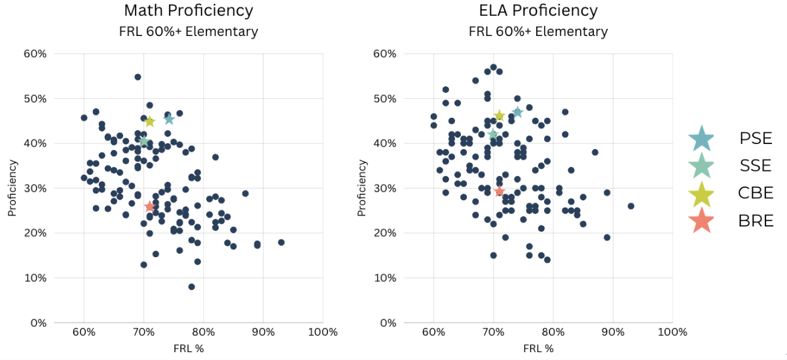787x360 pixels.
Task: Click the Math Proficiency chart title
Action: coord(189,10)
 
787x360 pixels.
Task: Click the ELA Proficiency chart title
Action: coord(538,10)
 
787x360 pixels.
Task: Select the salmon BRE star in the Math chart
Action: coord(150,206)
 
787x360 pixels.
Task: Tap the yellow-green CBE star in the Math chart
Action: coord(149,121)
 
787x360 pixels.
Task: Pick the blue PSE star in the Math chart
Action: coord(169,119)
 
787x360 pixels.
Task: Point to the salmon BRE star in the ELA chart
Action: coord(500,191)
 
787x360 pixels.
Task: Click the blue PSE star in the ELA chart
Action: coord(517,112)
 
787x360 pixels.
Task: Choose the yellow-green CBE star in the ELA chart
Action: coord(499,116)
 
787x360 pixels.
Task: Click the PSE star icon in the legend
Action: coord(701,138)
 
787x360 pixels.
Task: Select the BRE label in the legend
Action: coord(756,221)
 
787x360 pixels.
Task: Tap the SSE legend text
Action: coord(756,166)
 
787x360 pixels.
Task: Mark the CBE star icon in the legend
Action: coord(701,193)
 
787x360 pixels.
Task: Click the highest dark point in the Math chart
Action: coord(137,77)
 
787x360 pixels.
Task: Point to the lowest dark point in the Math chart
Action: coord(191,287)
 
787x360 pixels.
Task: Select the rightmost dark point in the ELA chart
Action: coord(631,206)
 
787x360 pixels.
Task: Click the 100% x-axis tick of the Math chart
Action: coord(323,332)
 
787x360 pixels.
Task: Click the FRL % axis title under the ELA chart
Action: coord(538,348)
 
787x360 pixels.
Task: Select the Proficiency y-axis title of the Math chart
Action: coord(11,188)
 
